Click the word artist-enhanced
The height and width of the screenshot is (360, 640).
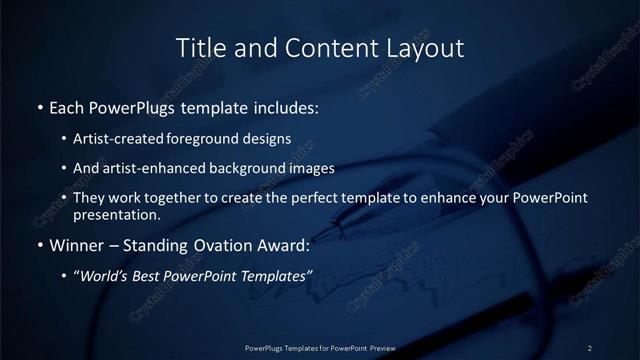151,168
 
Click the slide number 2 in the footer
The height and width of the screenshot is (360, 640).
590,347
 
